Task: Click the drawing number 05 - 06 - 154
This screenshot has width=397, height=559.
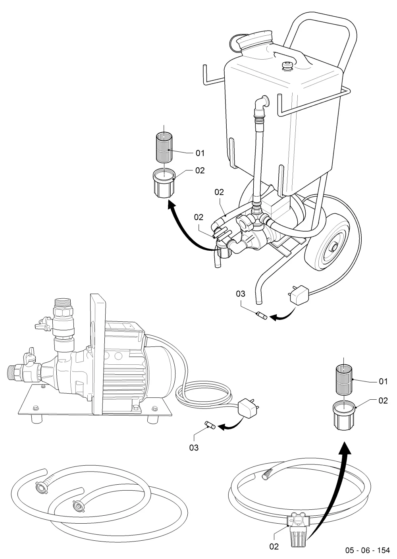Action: coord(367,550)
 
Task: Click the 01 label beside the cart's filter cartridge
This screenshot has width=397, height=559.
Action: coord(200,153)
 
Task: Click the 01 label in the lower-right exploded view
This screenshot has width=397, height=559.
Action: coord(383,381)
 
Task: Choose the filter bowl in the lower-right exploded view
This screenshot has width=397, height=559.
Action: coord(344,416)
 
